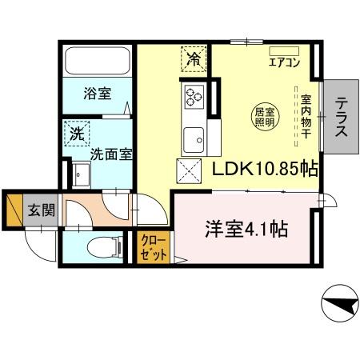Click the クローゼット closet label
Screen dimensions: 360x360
[x=154, y=247]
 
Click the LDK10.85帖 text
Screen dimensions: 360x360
[x=265, y=168]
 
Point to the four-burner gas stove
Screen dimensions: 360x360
[x=194, y=98]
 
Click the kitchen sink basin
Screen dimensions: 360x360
[x=194, y=141]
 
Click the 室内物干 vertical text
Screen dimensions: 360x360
[x=306, y=118]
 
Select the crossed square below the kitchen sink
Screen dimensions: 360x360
[x=189, y=170]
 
